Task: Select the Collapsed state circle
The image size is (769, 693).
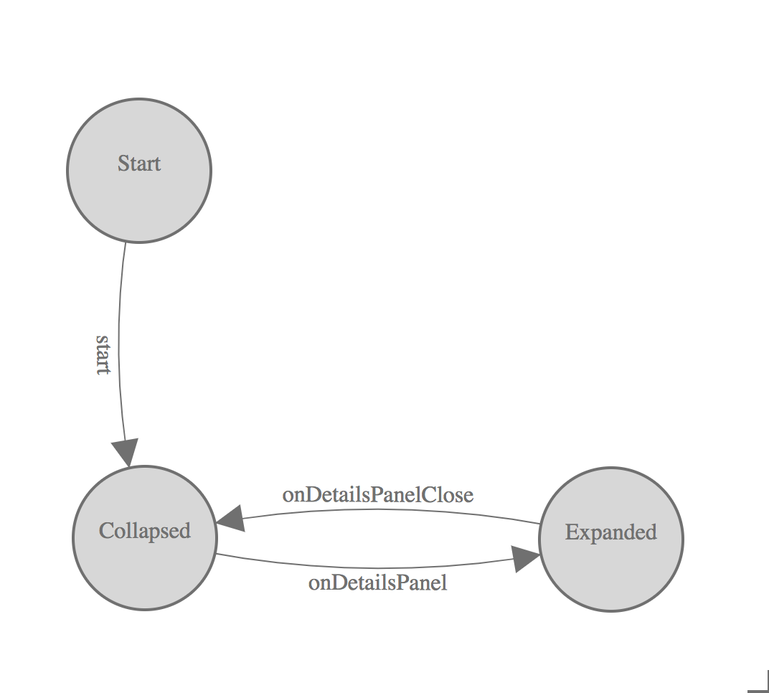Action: [144, 574]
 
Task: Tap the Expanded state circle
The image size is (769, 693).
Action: [610, 574]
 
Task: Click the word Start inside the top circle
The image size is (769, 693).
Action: [139, 164]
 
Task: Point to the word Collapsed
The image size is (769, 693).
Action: [145, 531]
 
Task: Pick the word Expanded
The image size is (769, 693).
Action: [610, 532]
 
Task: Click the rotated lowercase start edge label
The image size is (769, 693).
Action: [103, 353]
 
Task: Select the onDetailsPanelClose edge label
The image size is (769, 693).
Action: [377, 495]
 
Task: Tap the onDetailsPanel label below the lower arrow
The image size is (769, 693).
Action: [377, 583]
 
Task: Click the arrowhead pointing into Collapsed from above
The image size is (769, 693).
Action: [126, 452]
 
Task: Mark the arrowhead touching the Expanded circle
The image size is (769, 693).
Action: [526, 558]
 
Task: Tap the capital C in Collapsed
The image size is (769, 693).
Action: [105, 531]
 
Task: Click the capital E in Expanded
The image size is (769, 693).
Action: [571, 532]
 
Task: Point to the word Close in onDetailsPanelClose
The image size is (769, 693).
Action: [448, 495]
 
